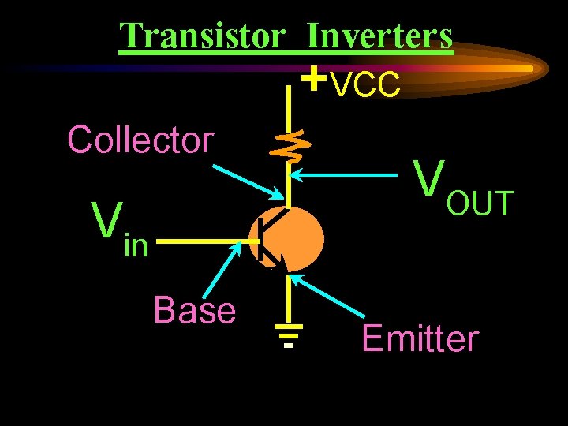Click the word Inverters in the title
pyautogui.click(x=379, y=35)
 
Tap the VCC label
pyautogui.click(x=365, y=86)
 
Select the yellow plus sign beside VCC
pyautogui.click(x=315, y=79)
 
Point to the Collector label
pyautogui.click(x=140, y=140)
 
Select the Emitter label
pyautogui.click(x=420, y=339)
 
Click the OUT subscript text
pyautogui.click(x=480, y=204)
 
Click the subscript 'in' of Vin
pyautogui.click(x=136, y=246)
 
